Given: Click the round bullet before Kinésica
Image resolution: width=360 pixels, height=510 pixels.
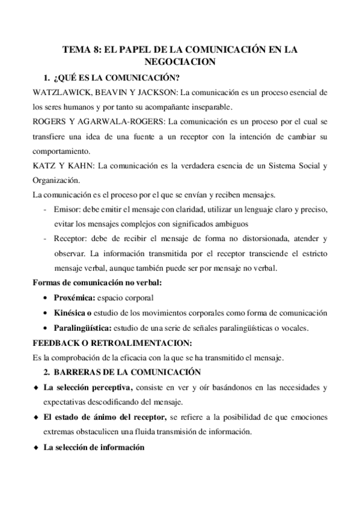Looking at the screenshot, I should tap(47, 312).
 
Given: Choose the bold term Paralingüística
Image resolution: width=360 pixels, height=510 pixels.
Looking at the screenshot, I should tap(82, 328).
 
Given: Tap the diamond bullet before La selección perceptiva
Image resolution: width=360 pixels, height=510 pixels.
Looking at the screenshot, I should tap(37, 386).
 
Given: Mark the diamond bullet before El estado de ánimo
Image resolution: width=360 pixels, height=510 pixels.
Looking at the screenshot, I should tap(37, 417).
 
